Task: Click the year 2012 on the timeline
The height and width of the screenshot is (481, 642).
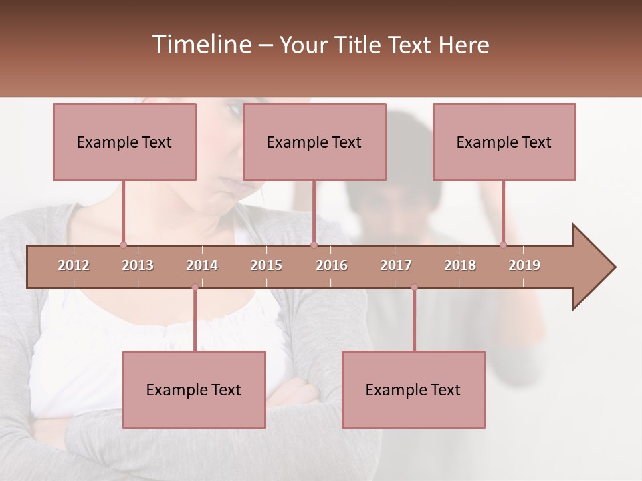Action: pos(74,265)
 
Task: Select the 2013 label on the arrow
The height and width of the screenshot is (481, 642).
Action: pos(138,265)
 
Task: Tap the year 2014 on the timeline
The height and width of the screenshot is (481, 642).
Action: pos(202,265)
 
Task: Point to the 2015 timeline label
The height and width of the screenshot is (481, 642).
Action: pos(266,265)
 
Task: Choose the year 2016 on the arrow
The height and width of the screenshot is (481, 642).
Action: pos(332,265)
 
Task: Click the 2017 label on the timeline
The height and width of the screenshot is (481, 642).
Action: pos(396,265)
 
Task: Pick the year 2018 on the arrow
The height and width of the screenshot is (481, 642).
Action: pos(460,265)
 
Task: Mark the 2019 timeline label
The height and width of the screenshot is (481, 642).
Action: pos(524,265)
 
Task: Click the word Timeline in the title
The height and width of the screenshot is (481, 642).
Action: pos(201,45)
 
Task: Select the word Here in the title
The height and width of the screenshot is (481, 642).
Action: pos(463,45)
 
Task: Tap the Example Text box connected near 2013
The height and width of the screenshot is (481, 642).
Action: pos(124,142)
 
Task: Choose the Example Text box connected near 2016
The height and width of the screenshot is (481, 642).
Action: pos(314,142)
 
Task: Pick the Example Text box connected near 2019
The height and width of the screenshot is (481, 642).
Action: pos(504,142)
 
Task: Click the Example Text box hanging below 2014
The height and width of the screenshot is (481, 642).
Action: pos(194,389)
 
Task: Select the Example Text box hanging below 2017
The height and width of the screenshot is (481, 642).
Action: pos(413,389)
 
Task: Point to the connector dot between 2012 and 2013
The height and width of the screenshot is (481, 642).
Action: pos(123,245)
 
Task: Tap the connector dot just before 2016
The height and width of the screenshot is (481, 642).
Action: pos(314,245)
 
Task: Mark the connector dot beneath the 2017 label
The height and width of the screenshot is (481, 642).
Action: pos(414,287)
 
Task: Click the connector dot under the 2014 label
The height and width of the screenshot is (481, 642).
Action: pos(195,287)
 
